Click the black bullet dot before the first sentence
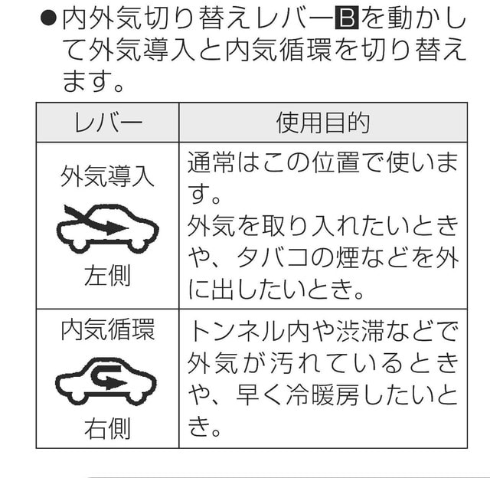[48, 20]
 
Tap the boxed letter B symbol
[347, 19]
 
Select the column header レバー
[108, 123]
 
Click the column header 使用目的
[323, 123]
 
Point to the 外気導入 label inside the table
[108, 176]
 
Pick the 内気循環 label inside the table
[108, 329]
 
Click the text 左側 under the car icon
[107, 275]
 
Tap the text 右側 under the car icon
[107, 428]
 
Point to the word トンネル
[237, 330]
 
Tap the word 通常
[211, 162]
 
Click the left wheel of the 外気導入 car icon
[78, 245]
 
